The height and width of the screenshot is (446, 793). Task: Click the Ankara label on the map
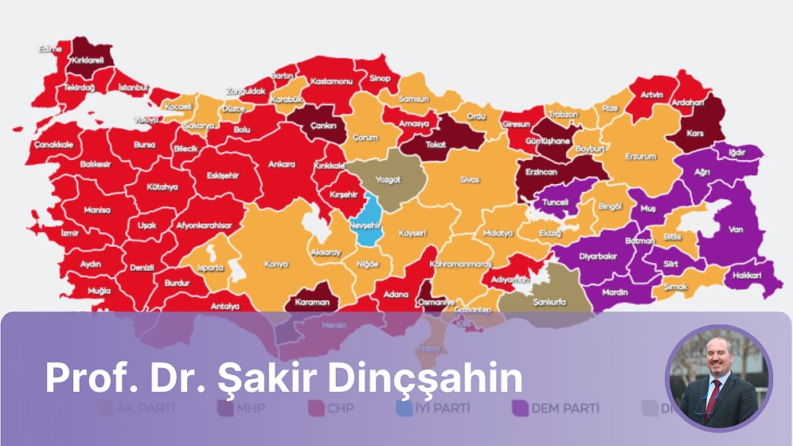(x=281, y=164)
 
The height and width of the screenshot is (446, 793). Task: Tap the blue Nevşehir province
(x=367, y=225)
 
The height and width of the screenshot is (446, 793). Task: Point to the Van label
(x=735, y=231)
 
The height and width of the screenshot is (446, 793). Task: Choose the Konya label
(x=275, y=264)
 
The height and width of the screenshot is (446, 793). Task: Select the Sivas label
(x=470, y=180)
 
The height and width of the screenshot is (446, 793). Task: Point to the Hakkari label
(x=748, y=276)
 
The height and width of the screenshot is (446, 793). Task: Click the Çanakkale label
(x=53, y=144)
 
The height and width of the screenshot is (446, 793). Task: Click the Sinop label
(x=380, y=79)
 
